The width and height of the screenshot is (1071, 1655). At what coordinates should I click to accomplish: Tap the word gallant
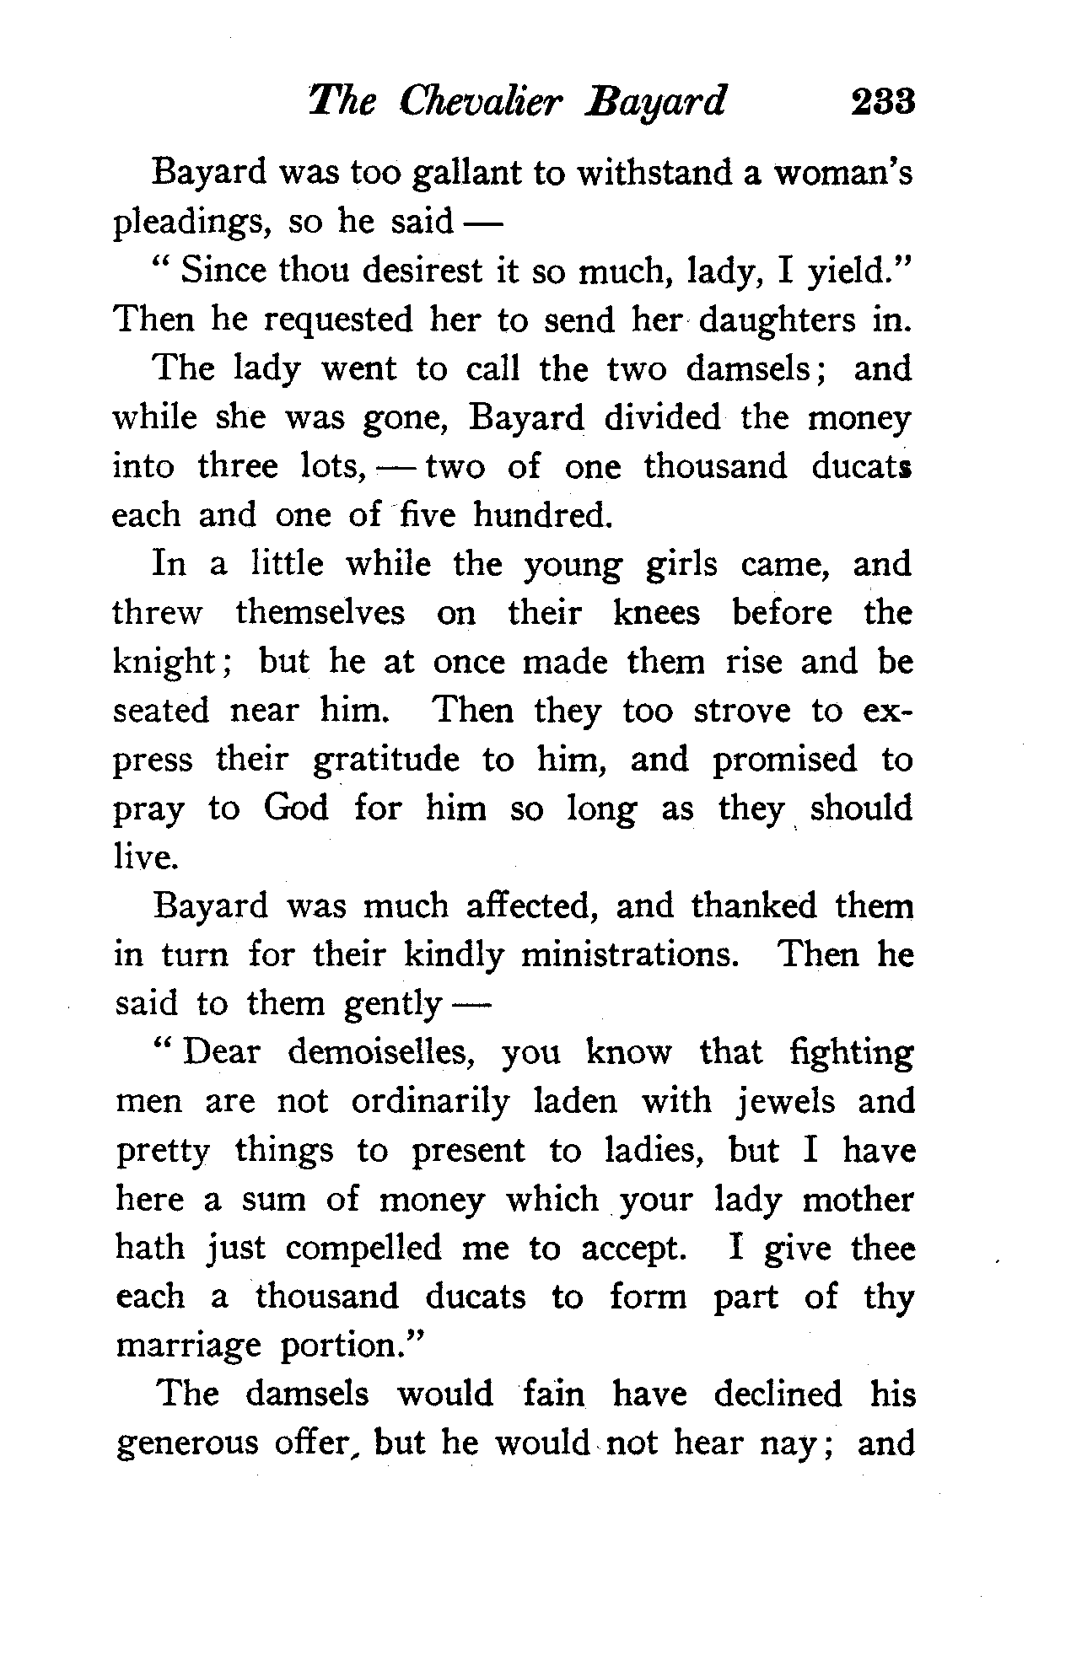[x=468, y=174]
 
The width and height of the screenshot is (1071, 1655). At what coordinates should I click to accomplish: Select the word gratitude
[x=386, y=760]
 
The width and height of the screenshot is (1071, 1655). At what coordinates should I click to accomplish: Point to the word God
[x=296, y=809]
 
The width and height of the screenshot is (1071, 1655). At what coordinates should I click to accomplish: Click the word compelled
[x=363, y=1249]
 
